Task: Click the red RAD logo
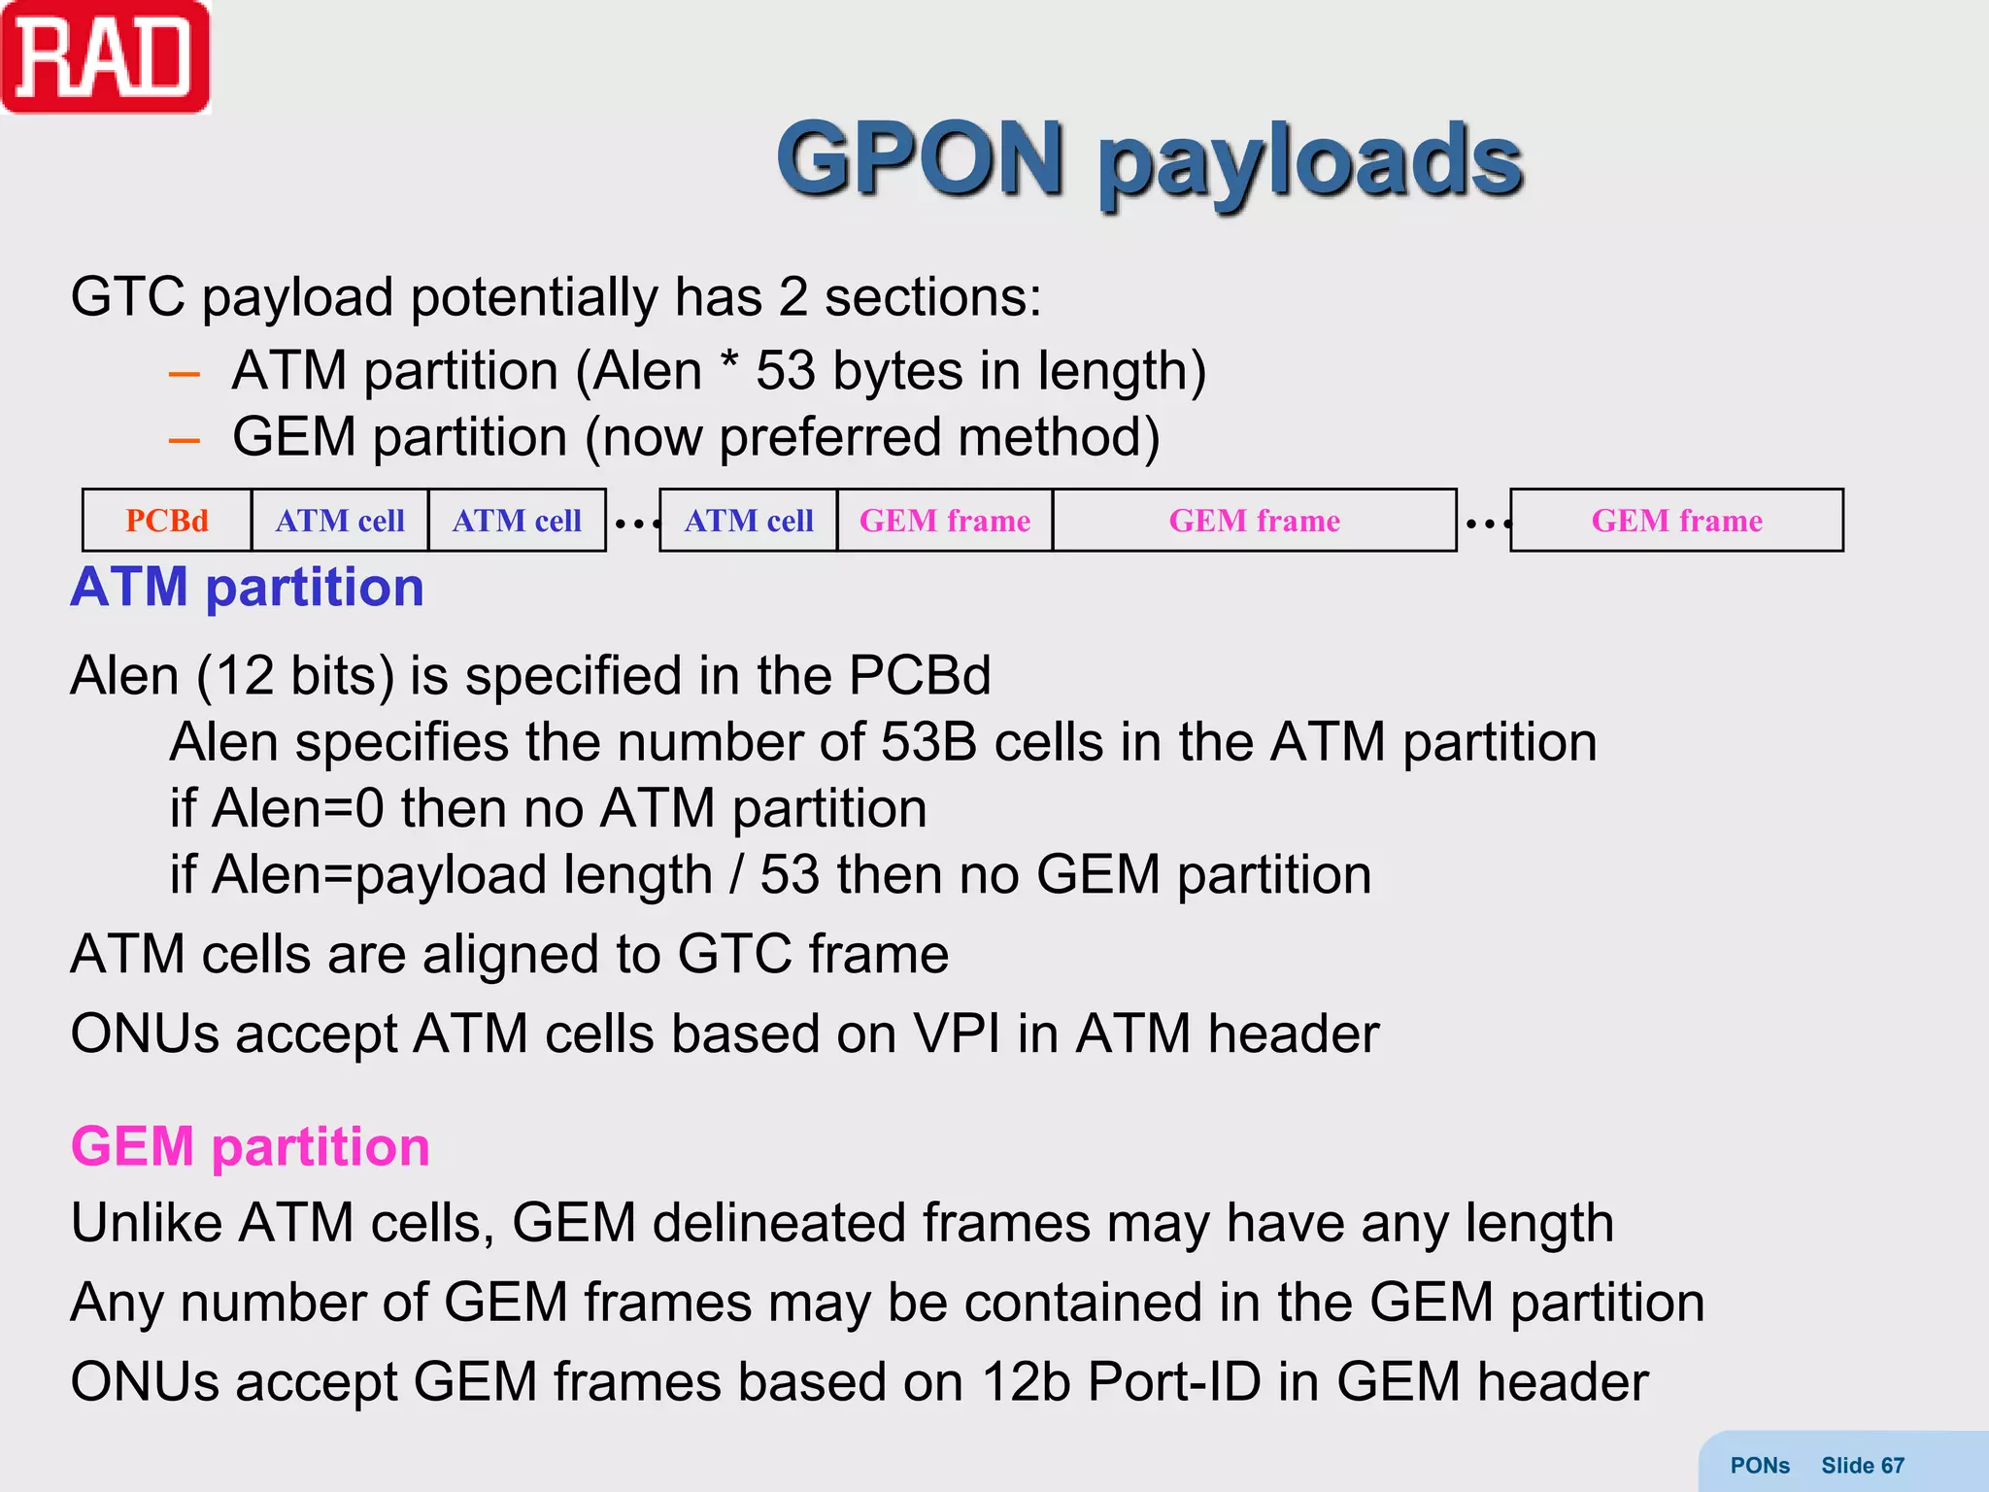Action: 105,58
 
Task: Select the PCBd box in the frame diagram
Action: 167,521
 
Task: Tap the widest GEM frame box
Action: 1254,521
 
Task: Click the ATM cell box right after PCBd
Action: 340,521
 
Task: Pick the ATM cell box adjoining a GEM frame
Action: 749,521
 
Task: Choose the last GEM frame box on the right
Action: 1676,521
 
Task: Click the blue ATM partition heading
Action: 247,588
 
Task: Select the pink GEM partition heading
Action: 250,1146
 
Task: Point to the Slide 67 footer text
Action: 1862,1465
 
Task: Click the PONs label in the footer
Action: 1760,1465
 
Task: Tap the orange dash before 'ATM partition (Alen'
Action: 184,374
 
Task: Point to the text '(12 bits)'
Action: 295,676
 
